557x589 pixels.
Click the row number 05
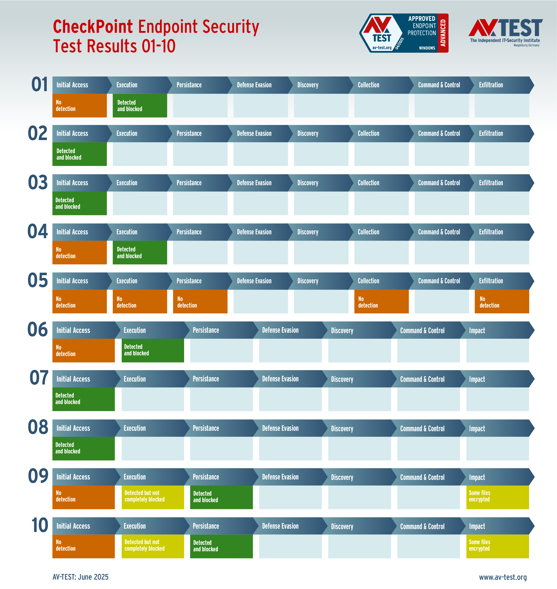[38, 280]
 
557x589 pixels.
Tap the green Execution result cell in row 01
[140, 106]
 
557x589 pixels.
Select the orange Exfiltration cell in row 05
[502, 302]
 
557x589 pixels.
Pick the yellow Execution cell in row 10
[153, 546]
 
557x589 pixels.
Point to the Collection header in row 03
[368, 183]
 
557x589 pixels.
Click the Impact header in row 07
[477, 379]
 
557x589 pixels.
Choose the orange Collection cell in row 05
[381, 302]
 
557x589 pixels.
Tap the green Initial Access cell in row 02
[79, 154]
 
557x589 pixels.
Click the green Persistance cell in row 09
[221, 497]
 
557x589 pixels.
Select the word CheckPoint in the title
[93, 27]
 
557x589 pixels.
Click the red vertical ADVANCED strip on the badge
[443, 33]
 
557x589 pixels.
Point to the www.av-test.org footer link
[503, 577]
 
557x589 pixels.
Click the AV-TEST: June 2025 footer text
[80, 577]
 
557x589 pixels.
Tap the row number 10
[40, 525]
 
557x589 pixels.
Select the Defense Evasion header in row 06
[280, 330]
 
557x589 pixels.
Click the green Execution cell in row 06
[153, 350]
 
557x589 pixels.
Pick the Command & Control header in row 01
[439, 85]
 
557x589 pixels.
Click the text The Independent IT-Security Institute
[505, 40]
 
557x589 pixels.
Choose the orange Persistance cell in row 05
[200, 302]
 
